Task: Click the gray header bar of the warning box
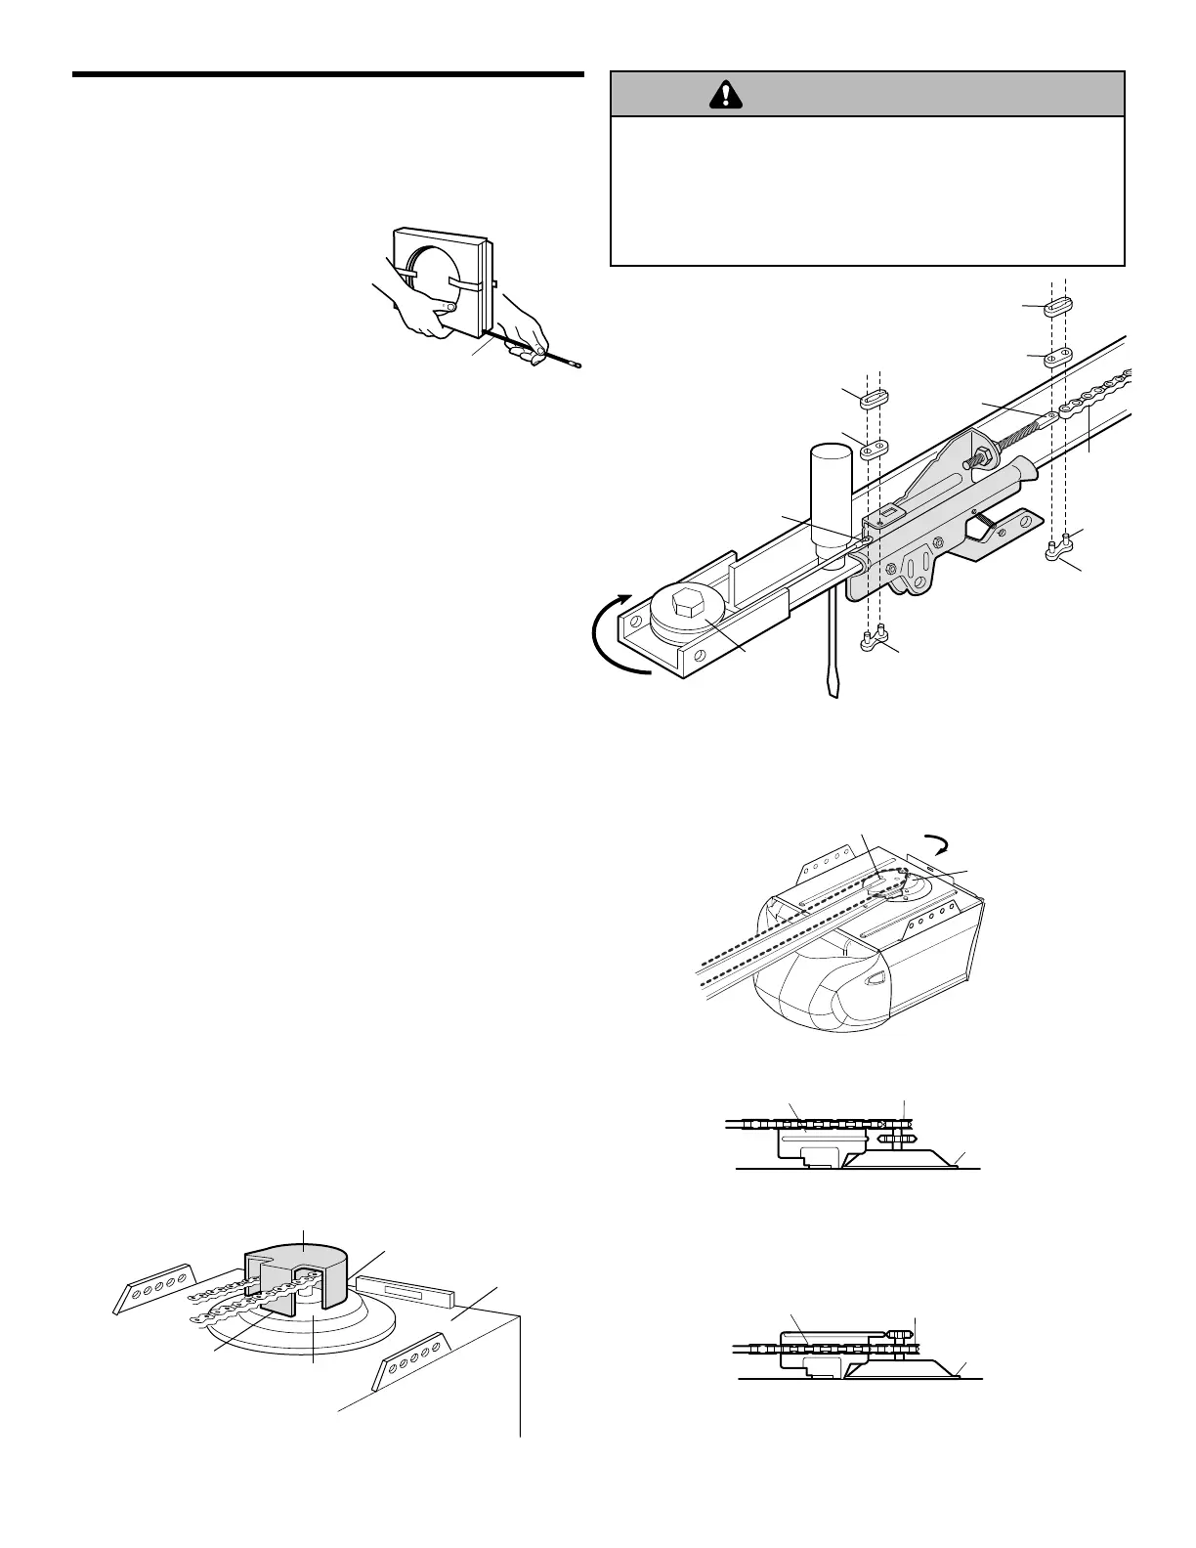click(x=868, y=94)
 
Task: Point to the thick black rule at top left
click(x=328, y=74)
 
